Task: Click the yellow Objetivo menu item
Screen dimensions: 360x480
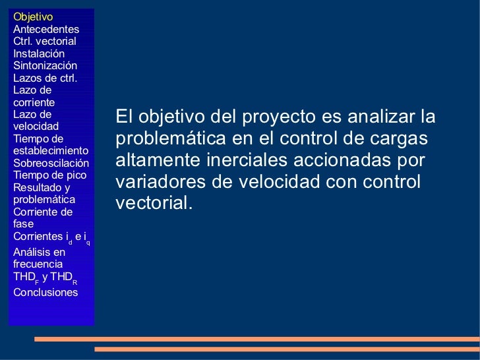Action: pos(33,16)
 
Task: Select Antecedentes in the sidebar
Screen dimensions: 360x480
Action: pos(45,29)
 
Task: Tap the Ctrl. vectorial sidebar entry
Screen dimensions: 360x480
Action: pos(44,42)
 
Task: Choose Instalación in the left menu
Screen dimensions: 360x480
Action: pos(39,53)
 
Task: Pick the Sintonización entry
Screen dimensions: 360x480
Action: pos(45,66)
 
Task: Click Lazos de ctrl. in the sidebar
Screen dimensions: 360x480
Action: pos(45,78)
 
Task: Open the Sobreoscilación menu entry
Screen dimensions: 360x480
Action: pos(51,163)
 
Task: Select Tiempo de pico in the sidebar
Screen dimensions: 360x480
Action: pos(49,175)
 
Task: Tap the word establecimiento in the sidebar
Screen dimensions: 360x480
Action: pos(51,150)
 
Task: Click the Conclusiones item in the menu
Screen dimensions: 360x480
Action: pos(45,292)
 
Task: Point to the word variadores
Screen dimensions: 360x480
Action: pos(156,181)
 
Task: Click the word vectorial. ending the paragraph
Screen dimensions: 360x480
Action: pos(154,203)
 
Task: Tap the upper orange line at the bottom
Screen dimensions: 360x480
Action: pos(256,339)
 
